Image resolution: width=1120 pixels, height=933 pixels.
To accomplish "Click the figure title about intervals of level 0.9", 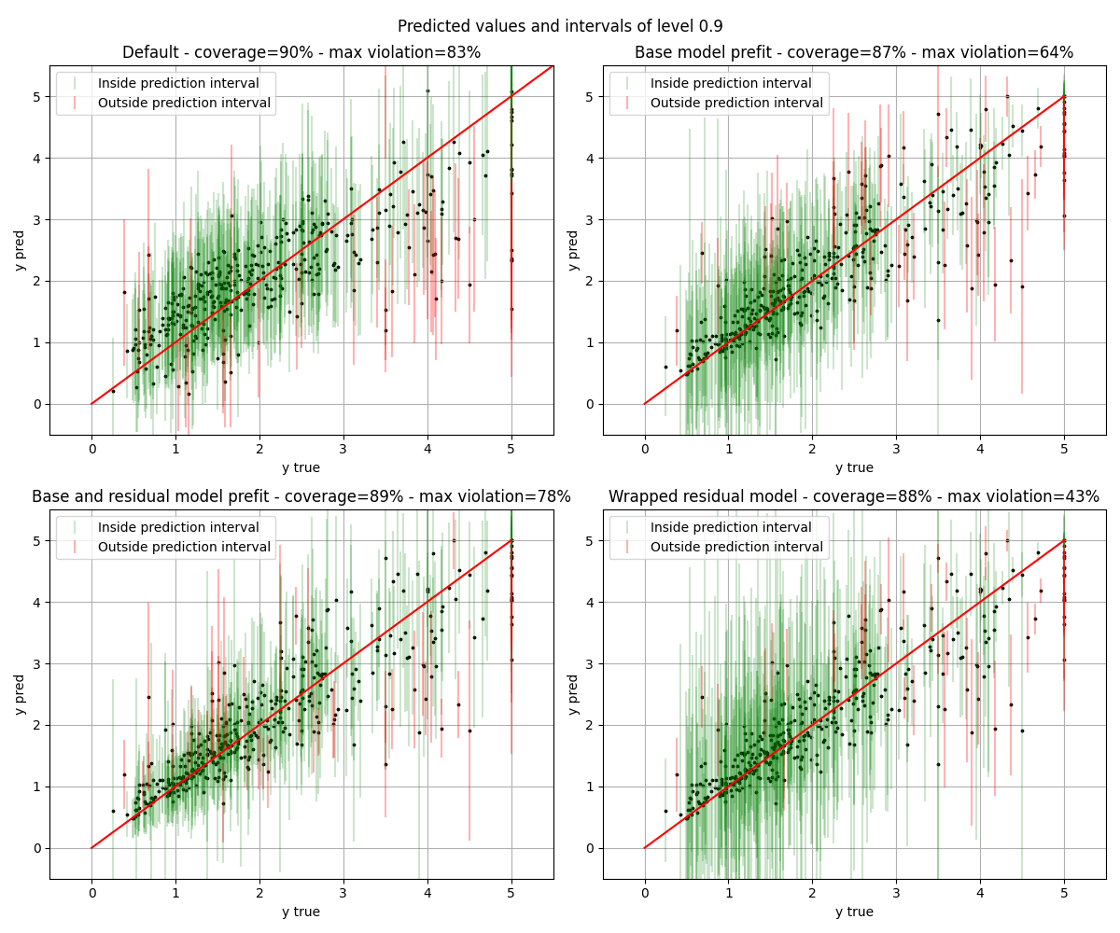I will click(x=560, y=26).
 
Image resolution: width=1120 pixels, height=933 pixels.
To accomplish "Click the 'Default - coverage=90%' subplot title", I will click(x=301, y=53).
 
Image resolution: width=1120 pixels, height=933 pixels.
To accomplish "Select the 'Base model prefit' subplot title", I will click(x=854, y=53).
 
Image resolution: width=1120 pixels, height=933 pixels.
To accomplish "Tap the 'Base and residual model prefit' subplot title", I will click(x=301, y=497).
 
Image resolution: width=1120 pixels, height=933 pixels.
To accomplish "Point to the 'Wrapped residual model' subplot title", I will click(x=854, y=497).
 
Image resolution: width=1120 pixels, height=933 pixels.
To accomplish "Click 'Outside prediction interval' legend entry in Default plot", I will click(x=184, y=104).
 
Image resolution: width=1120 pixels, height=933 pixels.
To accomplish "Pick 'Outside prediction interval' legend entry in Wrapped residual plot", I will click(x=736, y=548).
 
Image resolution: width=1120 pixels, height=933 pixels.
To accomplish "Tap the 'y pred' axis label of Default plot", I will click(x=20, y=250).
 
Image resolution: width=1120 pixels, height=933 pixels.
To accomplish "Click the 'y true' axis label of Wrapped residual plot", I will click(x=854, y=912).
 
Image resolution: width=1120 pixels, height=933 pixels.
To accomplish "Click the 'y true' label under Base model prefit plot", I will click(x=854, y=467).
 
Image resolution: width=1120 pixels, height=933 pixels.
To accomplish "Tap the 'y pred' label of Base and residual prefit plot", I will click(x=20, y=694).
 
